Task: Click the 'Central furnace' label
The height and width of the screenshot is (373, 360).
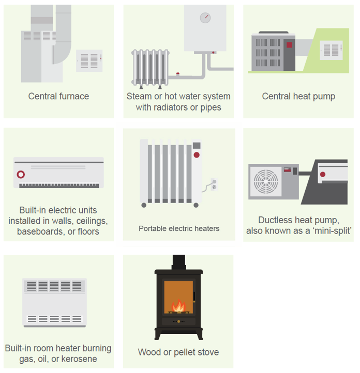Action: (58, 96)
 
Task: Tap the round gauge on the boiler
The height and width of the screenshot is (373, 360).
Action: (205, 18)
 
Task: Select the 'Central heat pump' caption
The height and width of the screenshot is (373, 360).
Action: (298, 96)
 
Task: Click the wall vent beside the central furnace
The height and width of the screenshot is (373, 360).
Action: (89, 61)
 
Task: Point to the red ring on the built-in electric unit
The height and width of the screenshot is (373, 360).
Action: (21, 175)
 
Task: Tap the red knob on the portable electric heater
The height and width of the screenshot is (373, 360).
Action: (197, 154)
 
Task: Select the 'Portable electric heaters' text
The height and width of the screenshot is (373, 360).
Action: (179, 228)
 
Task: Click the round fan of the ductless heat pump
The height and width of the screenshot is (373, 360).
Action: (267, 182)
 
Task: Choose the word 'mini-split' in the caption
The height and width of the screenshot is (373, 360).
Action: (332, 231)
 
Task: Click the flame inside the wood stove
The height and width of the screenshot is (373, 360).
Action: (178, 306)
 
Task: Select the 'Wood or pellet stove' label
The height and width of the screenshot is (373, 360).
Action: (178, 352)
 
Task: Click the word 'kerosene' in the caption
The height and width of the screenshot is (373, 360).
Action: (79, 359)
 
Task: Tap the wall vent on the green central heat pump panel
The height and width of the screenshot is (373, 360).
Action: (331, 51)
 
